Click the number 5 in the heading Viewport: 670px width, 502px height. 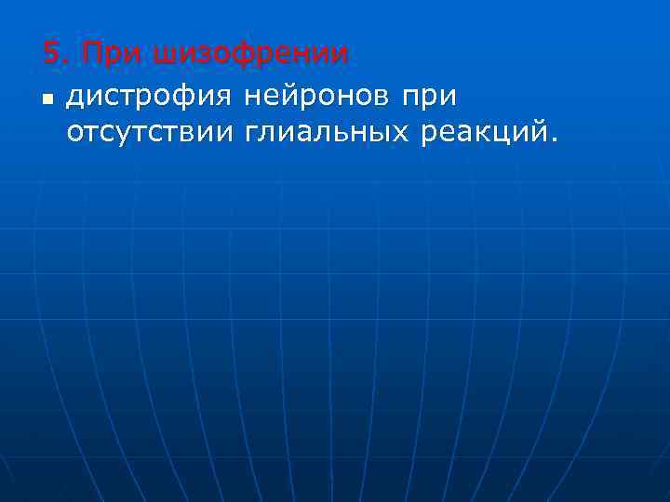52,55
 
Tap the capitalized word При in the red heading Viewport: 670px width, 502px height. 105,55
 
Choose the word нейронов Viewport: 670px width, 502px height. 316,95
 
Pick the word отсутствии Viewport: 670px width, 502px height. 148,133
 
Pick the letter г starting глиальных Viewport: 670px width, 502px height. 249,133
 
